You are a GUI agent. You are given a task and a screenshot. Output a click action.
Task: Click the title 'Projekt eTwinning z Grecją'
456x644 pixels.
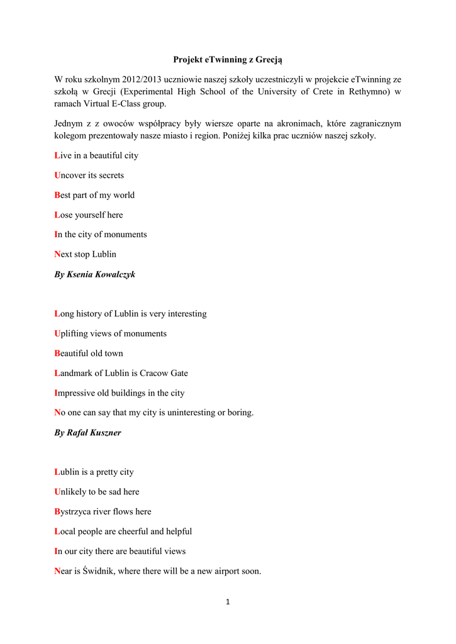click(x=228, y=60)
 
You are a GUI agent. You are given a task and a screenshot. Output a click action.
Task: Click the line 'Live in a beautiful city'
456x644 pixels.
click(x=96, y=155)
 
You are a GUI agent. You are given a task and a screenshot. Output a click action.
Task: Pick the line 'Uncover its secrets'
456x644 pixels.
click(x=89, y=175)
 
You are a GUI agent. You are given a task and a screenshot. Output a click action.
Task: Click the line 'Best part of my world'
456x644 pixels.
click(x=94, y=195)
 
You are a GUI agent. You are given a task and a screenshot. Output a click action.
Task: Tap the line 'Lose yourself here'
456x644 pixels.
click(x=89, y=215)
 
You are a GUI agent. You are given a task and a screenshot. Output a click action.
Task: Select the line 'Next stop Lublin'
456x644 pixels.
click(x=86, y=255)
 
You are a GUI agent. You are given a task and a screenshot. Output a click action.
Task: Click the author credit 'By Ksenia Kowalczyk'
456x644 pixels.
click(x=95, y=275)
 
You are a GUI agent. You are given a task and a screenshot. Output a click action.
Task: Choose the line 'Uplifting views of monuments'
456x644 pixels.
click(x=111, y=334)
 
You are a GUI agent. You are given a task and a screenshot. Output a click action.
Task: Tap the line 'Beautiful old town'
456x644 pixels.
click(x=89, y=353)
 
